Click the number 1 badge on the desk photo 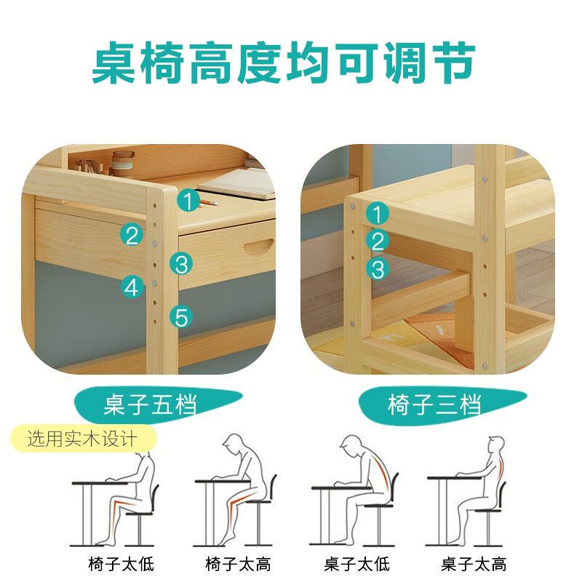188,201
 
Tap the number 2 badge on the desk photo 132,235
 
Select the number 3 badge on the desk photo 181,264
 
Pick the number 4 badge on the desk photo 132,287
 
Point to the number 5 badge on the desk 181,317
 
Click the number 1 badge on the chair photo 378,214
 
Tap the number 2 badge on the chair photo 378,242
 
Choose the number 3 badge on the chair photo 378,268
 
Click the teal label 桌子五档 151,404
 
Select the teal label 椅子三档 434,404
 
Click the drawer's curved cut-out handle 259,247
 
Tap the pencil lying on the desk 208,203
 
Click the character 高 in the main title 212,64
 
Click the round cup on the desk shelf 123,164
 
